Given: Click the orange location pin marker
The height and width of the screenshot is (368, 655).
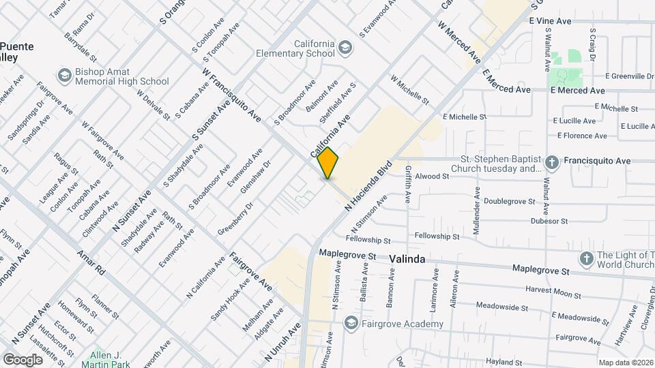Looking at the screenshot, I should (x=327, y=163).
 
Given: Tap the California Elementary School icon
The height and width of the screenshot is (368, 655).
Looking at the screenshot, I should (x=345, y=47).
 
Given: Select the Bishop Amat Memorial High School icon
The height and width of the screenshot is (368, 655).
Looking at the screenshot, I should (x=65, y=74).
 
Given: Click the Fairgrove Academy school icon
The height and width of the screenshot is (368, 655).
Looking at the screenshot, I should (x=351, y=323).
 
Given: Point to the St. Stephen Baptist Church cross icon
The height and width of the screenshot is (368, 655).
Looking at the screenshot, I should (x=552, y=162).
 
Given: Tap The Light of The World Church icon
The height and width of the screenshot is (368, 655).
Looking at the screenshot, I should (x=585, y=258).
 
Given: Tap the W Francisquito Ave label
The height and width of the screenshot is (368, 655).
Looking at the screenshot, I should (x=232, y=95).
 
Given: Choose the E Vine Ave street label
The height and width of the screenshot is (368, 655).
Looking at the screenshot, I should (x=550, y=21).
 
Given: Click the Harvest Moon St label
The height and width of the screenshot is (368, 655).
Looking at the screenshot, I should (x=553, y=292).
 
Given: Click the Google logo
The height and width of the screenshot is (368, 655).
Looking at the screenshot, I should (x=23, y=359).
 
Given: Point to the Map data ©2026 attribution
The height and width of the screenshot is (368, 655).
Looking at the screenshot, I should (x=625, y=363).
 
